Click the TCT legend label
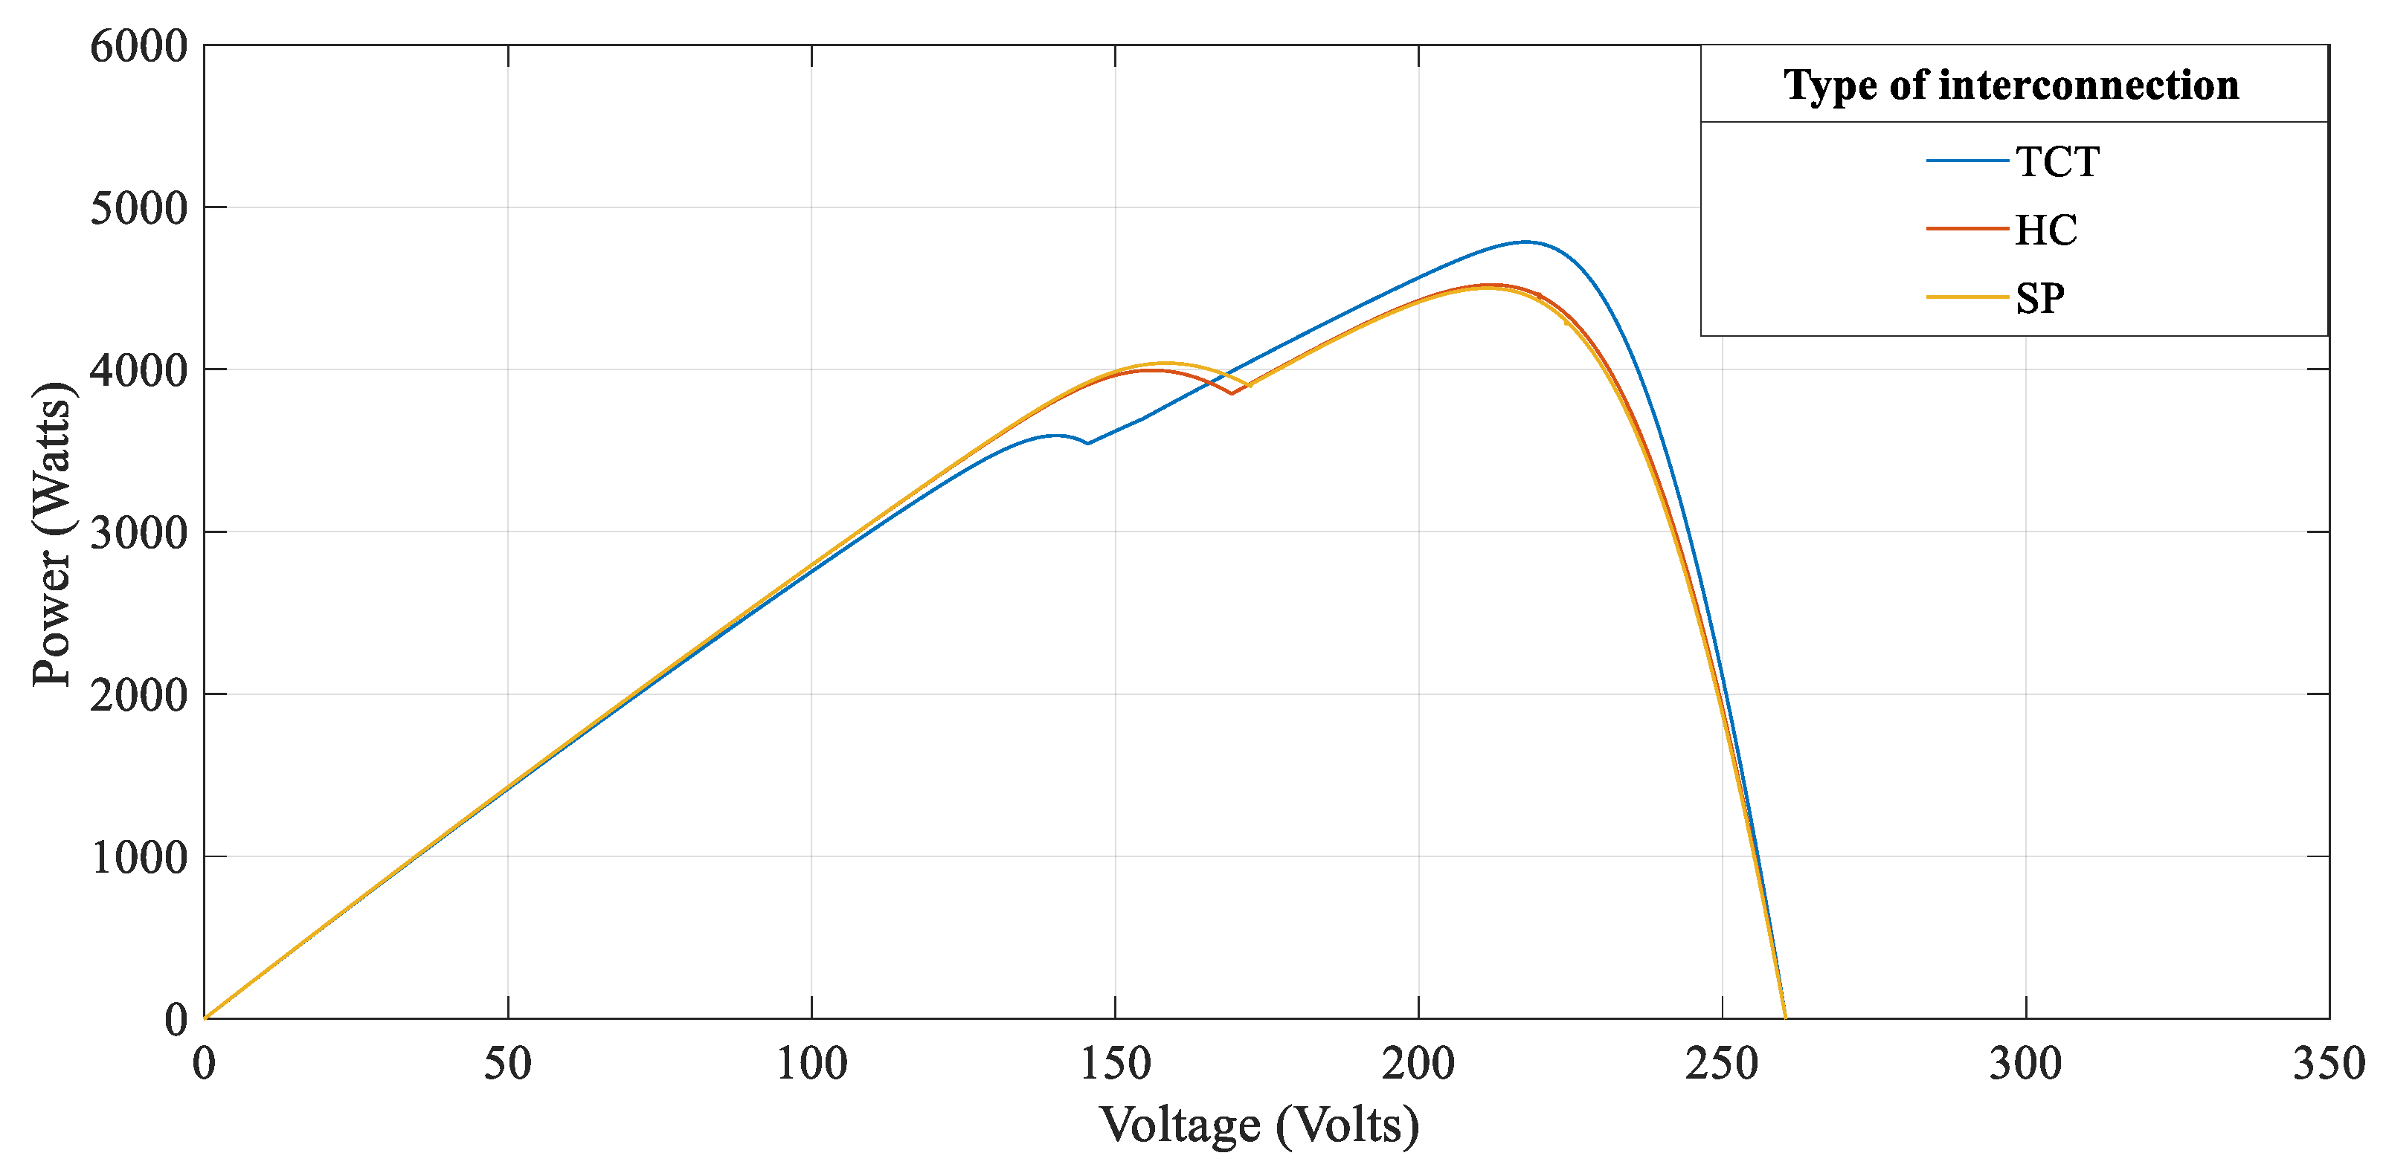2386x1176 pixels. coord(2057,162)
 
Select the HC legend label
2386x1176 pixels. coord(2045,230)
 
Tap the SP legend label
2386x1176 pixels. coord(2039,298)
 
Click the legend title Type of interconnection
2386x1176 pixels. coord(2011,85)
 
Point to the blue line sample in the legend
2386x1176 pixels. coord(1967,161)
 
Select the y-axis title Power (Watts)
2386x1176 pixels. coord(52,534)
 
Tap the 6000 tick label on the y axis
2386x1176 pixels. coord(139,46)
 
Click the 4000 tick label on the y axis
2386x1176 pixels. coord(139,370)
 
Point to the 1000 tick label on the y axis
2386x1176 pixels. coord(139,857)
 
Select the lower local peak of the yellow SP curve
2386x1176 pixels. coord(1164,363)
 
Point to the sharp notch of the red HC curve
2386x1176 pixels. coord(1231,393)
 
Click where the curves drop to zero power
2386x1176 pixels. coord(1785,1017)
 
